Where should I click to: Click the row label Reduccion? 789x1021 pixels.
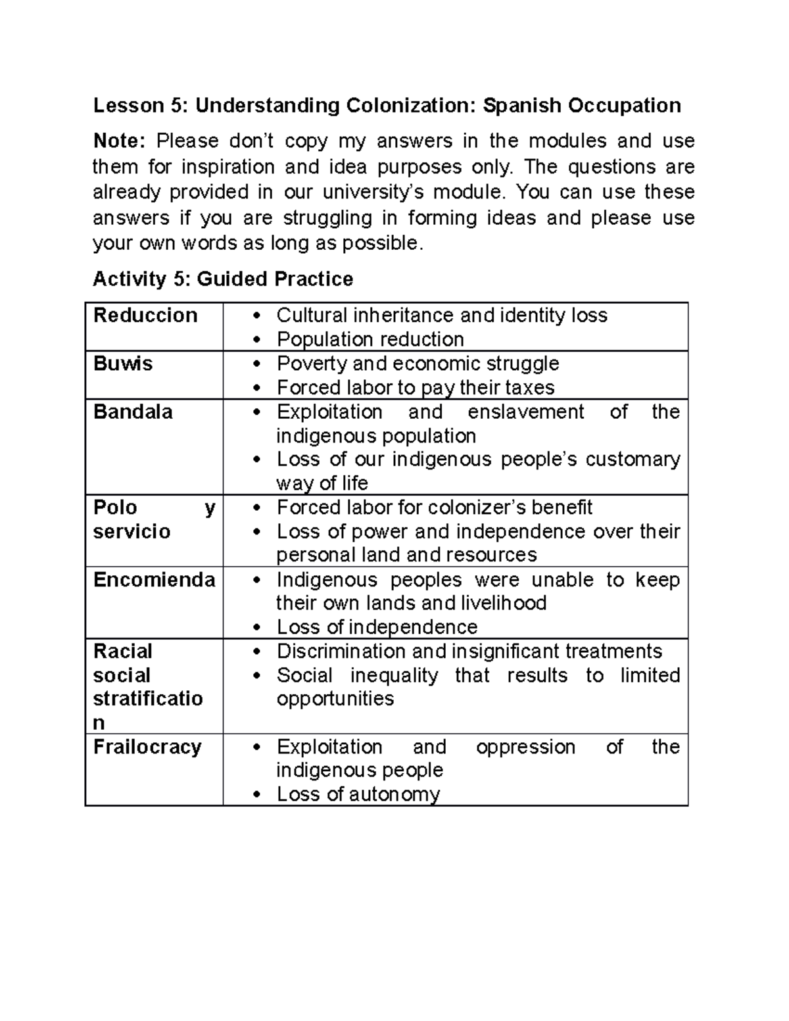pyautogui.click(x=145, y=316)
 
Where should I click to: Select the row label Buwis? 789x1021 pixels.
pyautogui.click(x=123, y=364)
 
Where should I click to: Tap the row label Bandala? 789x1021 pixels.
pyautogui.click(x=133, y=412)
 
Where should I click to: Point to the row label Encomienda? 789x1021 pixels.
pyautogui.click(x=154, y=580)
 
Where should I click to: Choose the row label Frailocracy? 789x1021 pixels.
pyautogui.click(x=147, y=748)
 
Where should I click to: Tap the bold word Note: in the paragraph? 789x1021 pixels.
pyautogui.click(x=119, y=141)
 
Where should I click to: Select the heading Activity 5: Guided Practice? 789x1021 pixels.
pyautogui.click(x=223, y=279)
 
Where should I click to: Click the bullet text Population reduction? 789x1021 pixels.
pyautogui.click(x=370, y=339)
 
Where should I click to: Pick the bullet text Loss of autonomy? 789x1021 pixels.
pyautogui.click(x=358, y=794)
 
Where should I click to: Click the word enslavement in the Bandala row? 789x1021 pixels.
pyautogui.click(x=525, y=412)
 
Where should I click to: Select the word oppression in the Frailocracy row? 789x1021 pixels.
pyautogui.click(x=525, y=748)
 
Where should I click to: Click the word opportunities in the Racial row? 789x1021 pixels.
pyautogui.click(x=335, y=698)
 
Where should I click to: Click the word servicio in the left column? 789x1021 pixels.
pyautogui.click(x=131, y=531)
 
